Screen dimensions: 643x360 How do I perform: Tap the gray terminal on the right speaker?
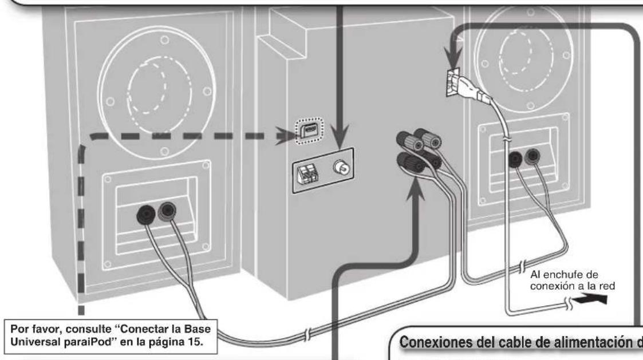[x=534, y=154]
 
